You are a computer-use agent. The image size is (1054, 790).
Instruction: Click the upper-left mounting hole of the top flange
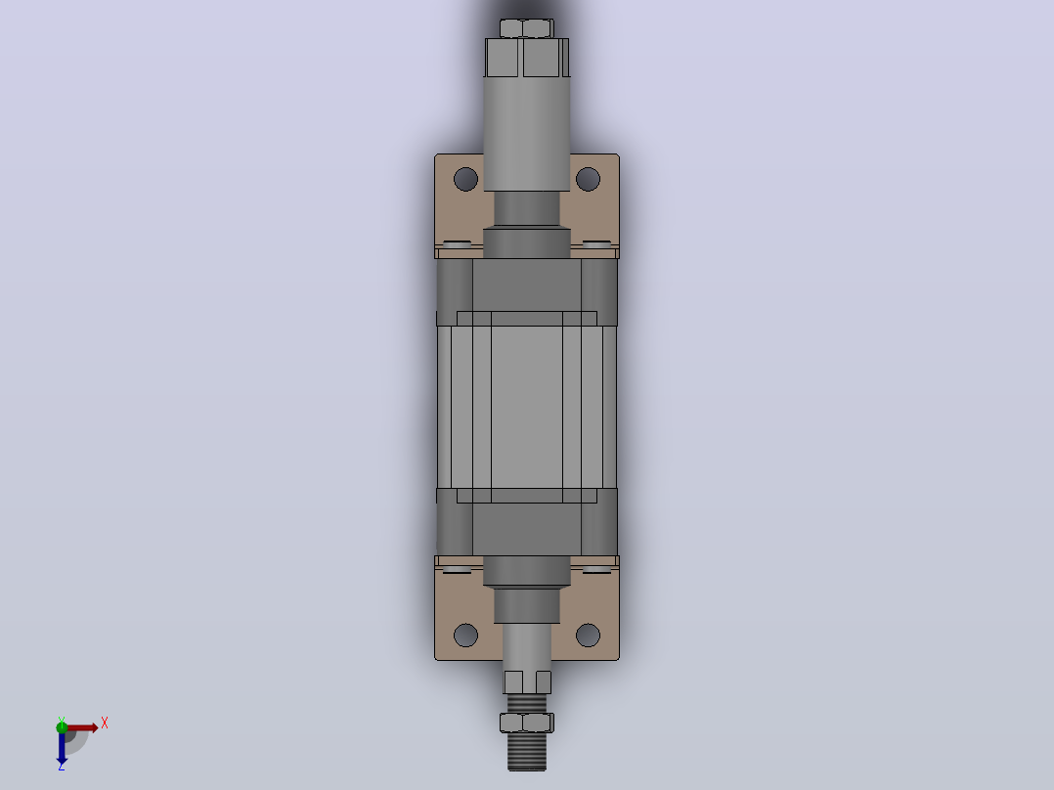[465, 180]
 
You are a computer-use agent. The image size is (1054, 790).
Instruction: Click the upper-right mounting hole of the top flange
[589, 180]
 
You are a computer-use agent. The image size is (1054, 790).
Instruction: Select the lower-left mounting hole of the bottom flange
[465, 636]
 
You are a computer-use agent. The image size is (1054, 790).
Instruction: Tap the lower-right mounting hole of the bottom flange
[589, 636]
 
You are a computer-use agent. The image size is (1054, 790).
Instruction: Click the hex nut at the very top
[527, 28]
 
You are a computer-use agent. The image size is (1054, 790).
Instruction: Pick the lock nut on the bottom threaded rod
[527, 723]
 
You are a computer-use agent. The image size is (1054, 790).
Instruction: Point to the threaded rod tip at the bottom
[527, 752]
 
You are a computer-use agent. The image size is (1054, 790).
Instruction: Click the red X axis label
[105, 724]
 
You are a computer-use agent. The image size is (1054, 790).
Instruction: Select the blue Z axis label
[62, 766]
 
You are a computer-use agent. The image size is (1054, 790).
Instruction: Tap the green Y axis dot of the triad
[62, 726]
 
